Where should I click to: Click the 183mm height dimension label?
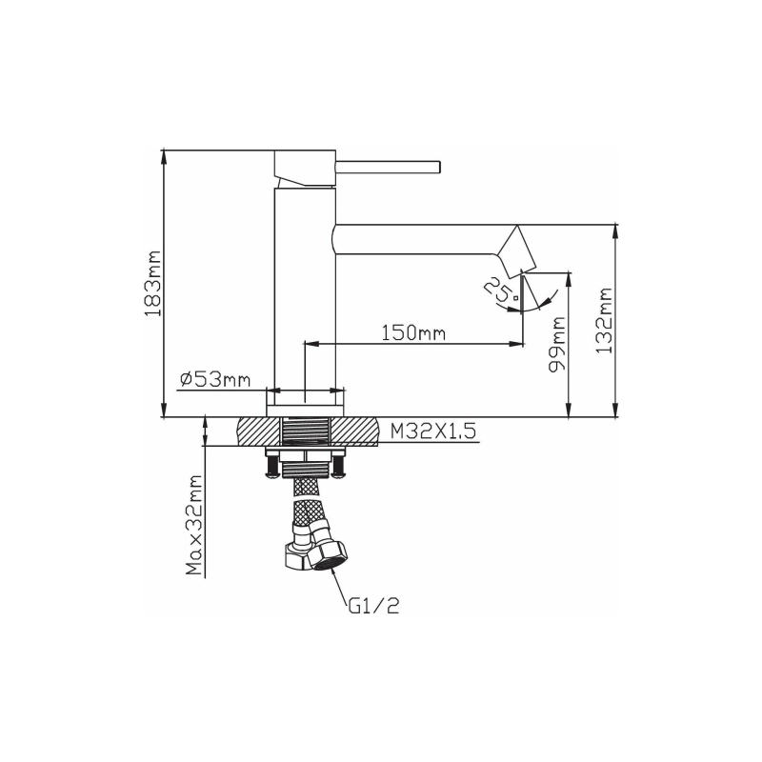[152, 284]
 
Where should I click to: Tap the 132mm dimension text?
[604, 321]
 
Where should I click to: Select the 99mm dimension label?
[557, 345]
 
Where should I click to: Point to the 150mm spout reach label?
[413, 333]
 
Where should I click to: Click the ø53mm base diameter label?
[215, 379]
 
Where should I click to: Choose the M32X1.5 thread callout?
[433, 431]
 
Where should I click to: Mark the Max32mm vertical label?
[194, 525]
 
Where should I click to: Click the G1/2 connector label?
[373, 605]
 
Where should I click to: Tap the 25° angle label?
[502, 290]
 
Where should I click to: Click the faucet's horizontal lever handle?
[388, 167]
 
